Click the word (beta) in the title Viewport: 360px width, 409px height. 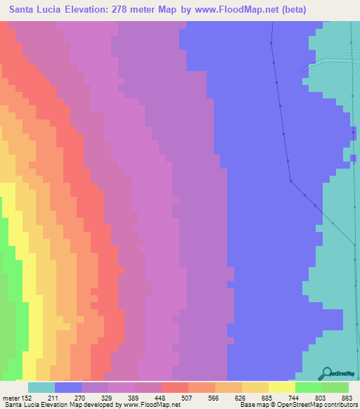coord(332,9)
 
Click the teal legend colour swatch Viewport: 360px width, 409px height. coord(41,387)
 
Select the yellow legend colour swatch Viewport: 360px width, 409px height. coord(281,387)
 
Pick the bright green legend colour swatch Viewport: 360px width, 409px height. coord(308,387)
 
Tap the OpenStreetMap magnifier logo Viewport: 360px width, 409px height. coord(326,372)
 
